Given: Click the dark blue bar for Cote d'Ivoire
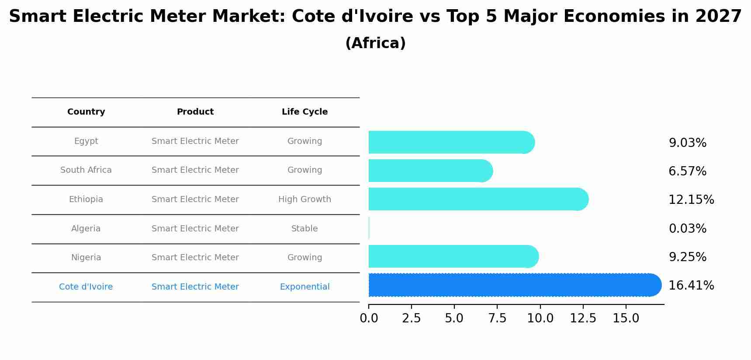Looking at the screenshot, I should click(x=511, y=285).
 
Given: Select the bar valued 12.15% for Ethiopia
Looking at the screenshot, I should click(x=476, y=199).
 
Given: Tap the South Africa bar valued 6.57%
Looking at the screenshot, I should click(x=428, y=171).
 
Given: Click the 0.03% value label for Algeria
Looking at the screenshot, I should click(x=687, y=228).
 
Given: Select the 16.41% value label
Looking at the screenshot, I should click(x=691, y=285).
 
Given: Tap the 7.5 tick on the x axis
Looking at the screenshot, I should click(x=497, y=318).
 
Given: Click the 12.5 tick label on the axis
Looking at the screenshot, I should click(x=583, y=318).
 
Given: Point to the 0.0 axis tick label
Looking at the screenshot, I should click(x=369, y=318).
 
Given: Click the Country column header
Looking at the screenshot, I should click(x=86, y=112).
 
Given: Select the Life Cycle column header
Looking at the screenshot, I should click(x=305, y=112).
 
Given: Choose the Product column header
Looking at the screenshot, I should click(x=195, y=112).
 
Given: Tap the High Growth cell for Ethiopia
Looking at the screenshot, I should click(x=305, y=199).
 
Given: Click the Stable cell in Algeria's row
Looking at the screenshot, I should click(x=305, y=228).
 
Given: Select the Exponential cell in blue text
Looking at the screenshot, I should click(x=305, y=287).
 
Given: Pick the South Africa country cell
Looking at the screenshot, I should click(x=86, y=170).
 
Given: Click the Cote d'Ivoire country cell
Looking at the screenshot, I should click(x=86, y=287).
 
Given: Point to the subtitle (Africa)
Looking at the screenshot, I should click(x=375, y=43).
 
